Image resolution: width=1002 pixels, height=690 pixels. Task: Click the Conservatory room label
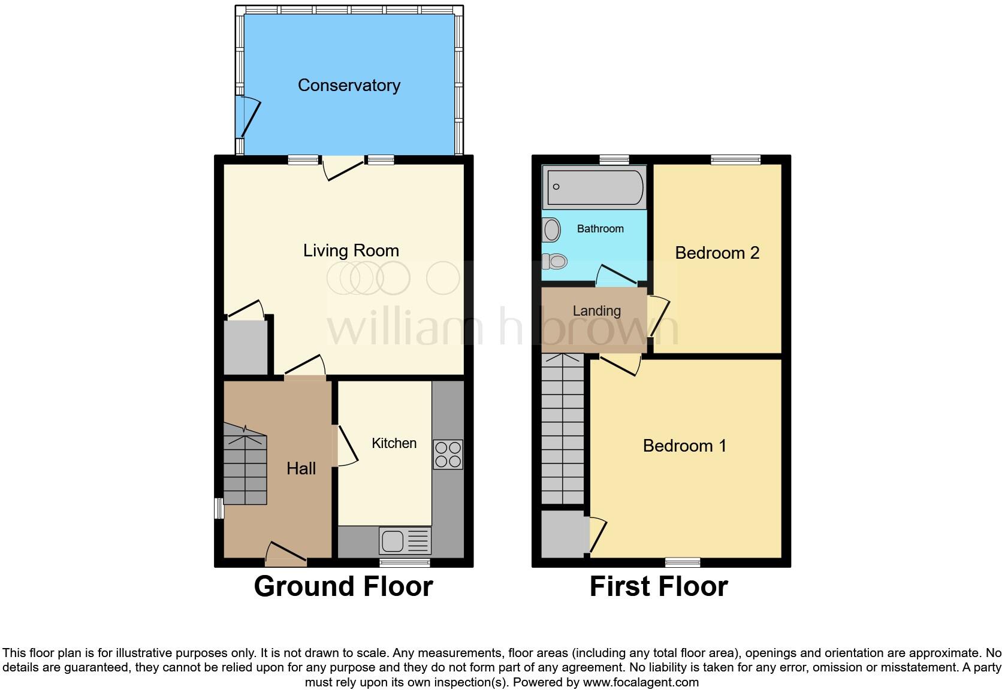(x=349, y=86)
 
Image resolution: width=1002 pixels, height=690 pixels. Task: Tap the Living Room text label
(x=351, y=250)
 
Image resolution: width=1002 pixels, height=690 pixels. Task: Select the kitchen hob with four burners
(x=448, y=455)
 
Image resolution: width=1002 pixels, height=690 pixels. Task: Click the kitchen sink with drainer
(x=405, y=541)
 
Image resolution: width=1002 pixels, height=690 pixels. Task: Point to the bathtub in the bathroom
(x=594, y=187)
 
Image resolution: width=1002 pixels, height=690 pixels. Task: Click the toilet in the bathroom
(x=555, y=261)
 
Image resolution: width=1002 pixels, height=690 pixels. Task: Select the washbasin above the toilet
(x=551, y=230)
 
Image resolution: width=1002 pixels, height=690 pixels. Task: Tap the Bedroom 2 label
(x=717, y=253)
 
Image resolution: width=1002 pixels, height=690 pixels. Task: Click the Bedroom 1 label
(x=684, y=446)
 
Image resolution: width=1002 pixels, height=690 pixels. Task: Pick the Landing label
(x=596, y=311)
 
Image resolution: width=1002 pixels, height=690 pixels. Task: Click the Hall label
(x=301, y=468)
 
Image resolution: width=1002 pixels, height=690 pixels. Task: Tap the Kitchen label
(x=394, y=443)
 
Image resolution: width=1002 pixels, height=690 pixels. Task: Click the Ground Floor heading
(x=343, y=586)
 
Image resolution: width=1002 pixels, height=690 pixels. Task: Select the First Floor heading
(x=659, y=586)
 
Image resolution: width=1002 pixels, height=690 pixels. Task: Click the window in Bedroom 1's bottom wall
(x=683, y=562)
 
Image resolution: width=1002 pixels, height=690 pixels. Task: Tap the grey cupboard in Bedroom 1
(x=564, y=533)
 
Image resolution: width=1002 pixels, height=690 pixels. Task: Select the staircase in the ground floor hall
(x=245, y=464)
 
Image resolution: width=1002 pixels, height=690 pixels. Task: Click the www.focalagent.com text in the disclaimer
(x=641, y=682)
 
